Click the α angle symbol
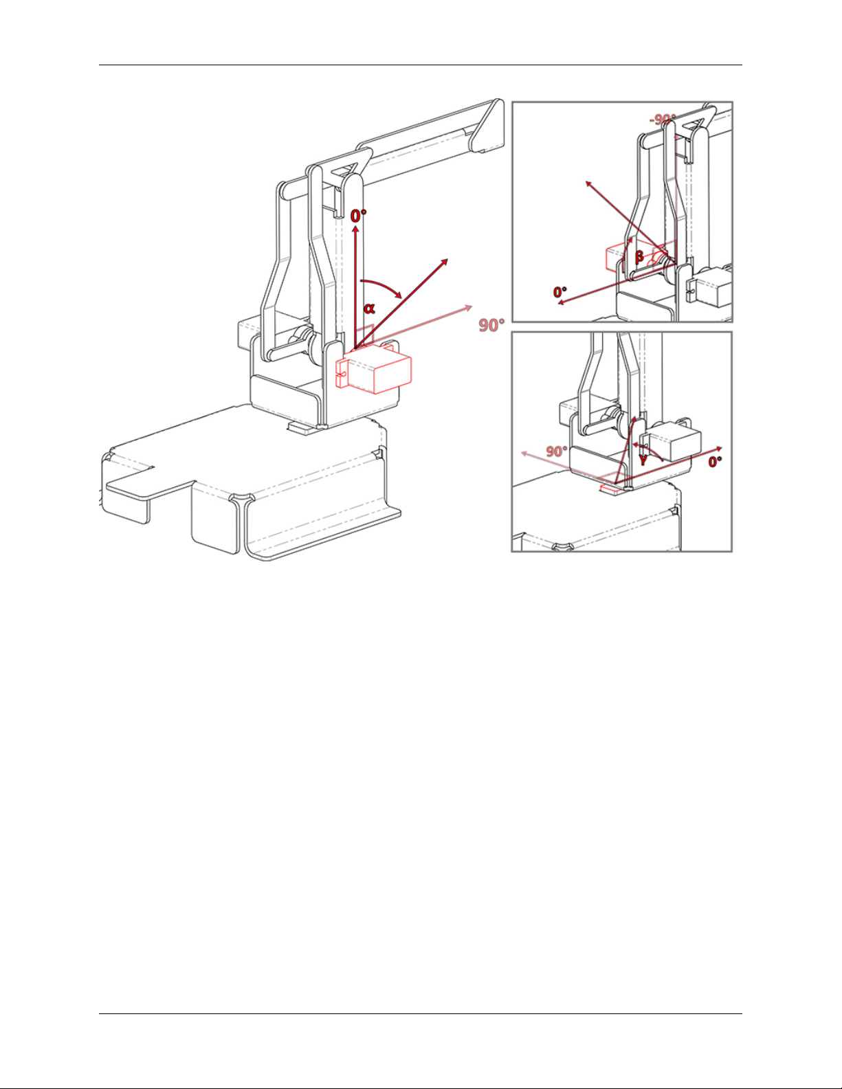click(x=369, y=308)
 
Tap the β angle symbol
click(x=639, y=257)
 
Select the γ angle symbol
click(x=643, y=460)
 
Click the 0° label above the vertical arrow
click(x=358, y=216)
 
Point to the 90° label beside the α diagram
click(x=491, y=324)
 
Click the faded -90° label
click(x=663, y=120)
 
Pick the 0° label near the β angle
click(x=560, y=292)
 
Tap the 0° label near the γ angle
click(x=715, y=462)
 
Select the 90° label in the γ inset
click(x=556, y=451)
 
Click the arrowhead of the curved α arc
click(x=399, y=295)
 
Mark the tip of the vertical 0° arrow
click(x=355, y=229)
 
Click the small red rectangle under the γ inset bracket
click(x=609, y=490)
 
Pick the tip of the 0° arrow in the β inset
click(x=559, y=303)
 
